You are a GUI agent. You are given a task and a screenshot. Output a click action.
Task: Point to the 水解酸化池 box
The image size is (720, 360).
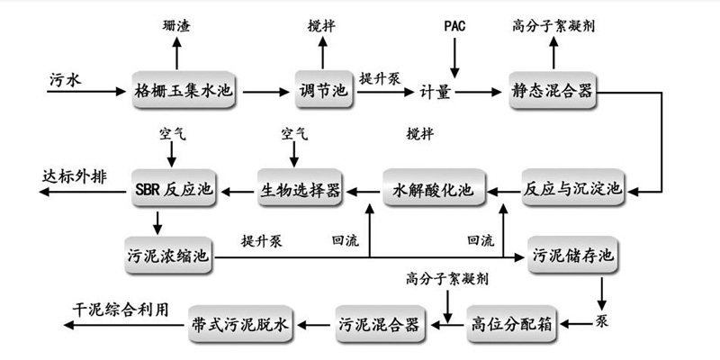click(x=433, y=189)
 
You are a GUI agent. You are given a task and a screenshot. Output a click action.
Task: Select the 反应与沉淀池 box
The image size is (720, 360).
click(x=573, y=189)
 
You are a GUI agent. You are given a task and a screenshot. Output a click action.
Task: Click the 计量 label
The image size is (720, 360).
click(x=441, y=91)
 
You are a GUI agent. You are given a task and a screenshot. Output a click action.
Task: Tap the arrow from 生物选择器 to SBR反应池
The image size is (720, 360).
click(x=238, y=189)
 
